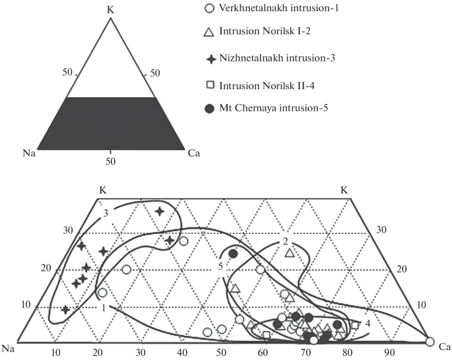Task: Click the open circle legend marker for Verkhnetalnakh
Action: pos(209,9)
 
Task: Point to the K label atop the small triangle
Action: pos(111,9)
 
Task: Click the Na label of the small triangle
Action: pos(28,154)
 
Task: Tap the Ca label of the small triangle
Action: pos(193,154)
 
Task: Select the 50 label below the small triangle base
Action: pos(111,161)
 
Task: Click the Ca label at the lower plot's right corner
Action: pos(445,345)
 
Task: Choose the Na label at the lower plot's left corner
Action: pos(9,347)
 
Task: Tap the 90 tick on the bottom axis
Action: pos(389,352)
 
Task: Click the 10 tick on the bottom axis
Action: pos(56,352)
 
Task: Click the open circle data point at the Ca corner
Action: pos(430,342)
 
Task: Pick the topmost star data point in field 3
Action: pos(160,211)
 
